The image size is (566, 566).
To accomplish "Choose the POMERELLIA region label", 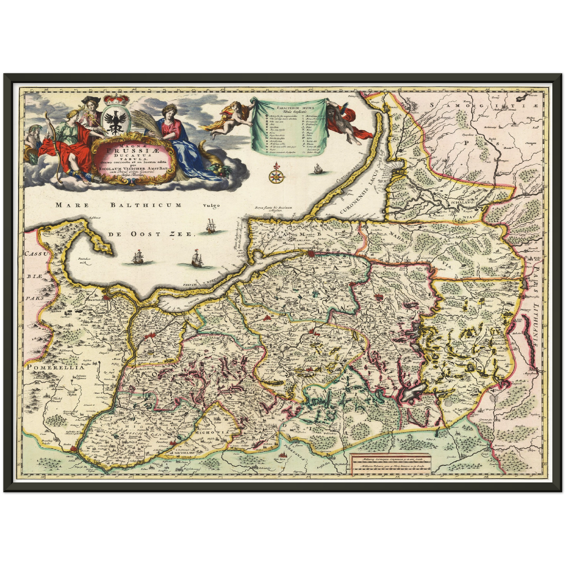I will (55, 367).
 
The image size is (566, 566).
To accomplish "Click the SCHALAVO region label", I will (463, 199).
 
